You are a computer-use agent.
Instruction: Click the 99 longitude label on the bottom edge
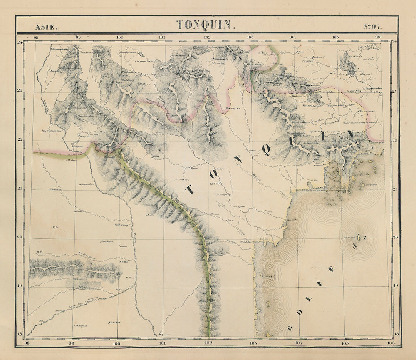[72, 343]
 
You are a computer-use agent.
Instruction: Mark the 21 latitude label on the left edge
[20, 188]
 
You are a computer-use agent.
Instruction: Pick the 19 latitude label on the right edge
[396, 286]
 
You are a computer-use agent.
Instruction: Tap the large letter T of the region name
[190, 189]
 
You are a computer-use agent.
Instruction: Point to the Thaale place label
[123, 246]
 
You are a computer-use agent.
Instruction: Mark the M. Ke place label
[40, 252]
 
